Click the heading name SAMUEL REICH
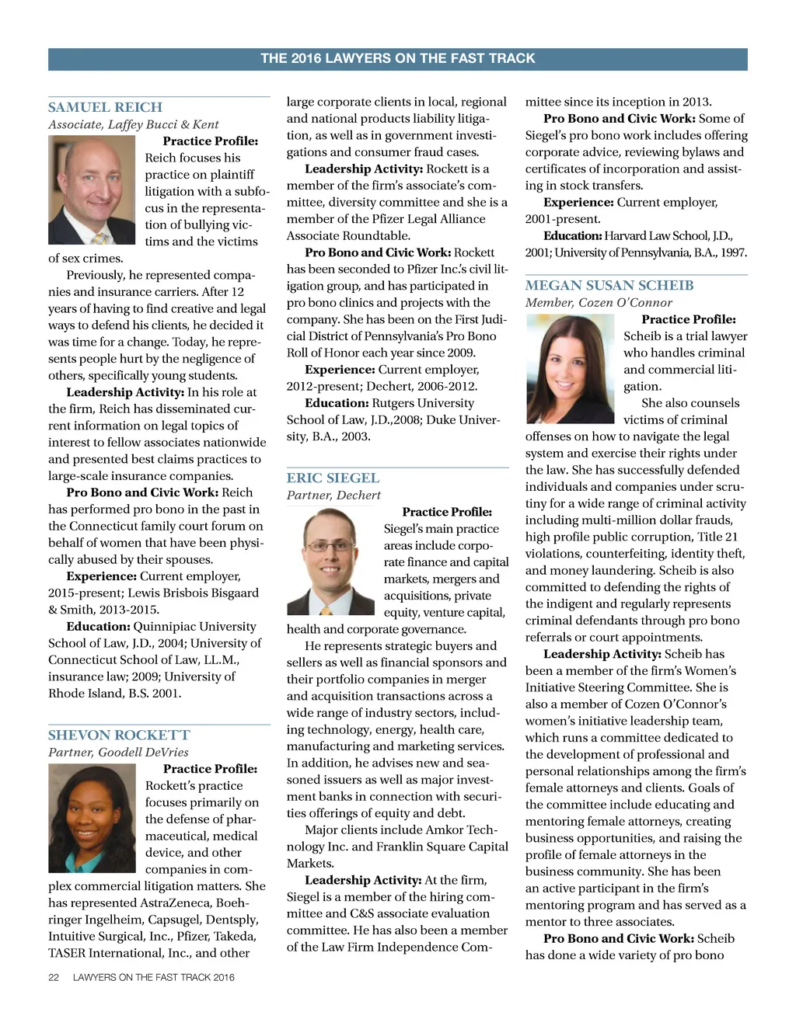105,107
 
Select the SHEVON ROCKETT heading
119,735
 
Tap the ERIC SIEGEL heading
333,478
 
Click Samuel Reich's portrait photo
92,190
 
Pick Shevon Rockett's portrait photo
92,818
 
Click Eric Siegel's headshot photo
331,561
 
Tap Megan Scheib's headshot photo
570,368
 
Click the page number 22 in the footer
54,977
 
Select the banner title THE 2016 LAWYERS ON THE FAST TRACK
397,58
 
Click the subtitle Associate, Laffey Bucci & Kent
133,124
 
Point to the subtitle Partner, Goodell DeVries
118,752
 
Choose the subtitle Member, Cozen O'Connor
599,302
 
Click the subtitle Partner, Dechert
333,495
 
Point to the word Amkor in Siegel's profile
445,829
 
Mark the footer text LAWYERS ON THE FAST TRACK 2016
153,977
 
